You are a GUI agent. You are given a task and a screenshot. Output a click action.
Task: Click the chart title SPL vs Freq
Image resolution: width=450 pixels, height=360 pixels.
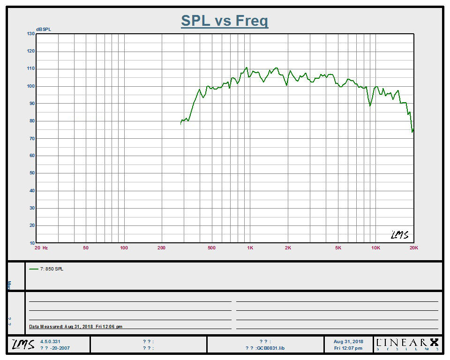coord(225,21)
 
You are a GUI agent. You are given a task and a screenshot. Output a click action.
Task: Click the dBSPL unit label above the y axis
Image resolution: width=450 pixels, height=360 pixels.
coord(36,30)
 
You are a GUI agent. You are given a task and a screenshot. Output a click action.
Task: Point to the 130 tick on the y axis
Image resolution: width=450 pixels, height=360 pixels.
coord(31,34)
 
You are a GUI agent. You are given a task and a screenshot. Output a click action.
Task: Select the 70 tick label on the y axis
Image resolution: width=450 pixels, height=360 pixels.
coord(31,138)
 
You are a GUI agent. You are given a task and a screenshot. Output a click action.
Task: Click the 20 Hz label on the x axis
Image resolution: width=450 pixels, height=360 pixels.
coord(42,247)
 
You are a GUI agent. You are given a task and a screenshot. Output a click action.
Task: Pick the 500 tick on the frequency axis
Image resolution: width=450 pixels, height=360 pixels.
coord(211,247)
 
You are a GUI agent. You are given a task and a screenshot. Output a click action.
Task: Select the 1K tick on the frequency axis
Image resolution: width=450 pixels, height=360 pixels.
coord(250,247)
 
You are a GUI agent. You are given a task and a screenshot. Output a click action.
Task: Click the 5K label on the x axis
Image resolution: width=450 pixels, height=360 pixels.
coord(338,247)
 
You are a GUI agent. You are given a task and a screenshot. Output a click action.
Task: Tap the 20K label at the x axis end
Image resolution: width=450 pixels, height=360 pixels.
coord(413,247)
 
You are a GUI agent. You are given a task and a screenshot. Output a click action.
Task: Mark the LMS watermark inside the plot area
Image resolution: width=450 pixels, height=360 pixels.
coord(399,235)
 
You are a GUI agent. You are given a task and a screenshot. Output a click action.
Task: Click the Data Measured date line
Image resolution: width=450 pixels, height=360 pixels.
coord(75,327)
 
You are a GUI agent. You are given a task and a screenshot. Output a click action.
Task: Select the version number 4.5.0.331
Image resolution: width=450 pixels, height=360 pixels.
coord(51,342)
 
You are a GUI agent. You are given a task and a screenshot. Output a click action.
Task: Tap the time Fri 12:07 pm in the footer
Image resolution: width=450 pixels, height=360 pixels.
coord(348,348)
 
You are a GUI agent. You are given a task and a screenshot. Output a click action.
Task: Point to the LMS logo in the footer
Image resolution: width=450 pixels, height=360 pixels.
coord(23,345)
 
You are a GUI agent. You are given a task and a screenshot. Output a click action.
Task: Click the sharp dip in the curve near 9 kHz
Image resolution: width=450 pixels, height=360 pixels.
coord(370,105)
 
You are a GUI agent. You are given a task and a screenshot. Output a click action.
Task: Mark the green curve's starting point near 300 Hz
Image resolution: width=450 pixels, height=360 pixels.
coord(181,123)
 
